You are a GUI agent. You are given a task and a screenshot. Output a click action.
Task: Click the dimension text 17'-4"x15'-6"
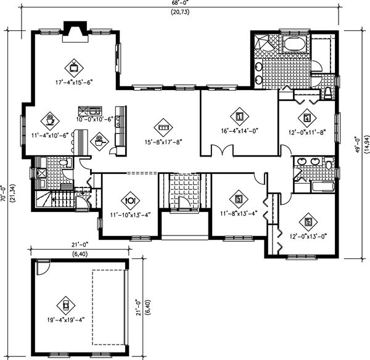pos(76,81)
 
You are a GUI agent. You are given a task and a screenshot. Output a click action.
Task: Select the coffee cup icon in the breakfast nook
pos(49,117)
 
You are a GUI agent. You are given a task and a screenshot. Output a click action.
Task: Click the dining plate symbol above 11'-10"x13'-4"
pos(130,200)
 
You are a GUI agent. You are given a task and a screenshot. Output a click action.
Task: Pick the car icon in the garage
pos(65,305)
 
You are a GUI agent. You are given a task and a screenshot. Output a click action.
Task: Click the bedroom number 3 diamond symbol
pos(239,198)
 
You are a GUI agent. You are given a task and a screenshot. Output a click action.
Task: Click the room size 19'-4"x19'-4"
pos(65,321)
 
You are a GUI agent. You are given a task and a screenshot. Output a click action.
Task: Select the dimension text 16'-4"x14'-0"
pos(239,131)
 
